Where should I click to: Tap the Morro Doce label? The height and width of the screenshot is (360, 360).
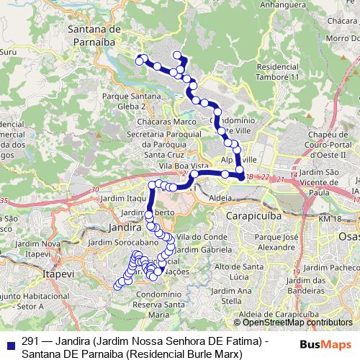pyautogui.click(x=342, y=38)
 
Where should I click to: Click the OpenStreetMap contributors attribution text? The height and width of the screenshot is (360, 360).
pyautogui.click(x=288, y=323)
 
